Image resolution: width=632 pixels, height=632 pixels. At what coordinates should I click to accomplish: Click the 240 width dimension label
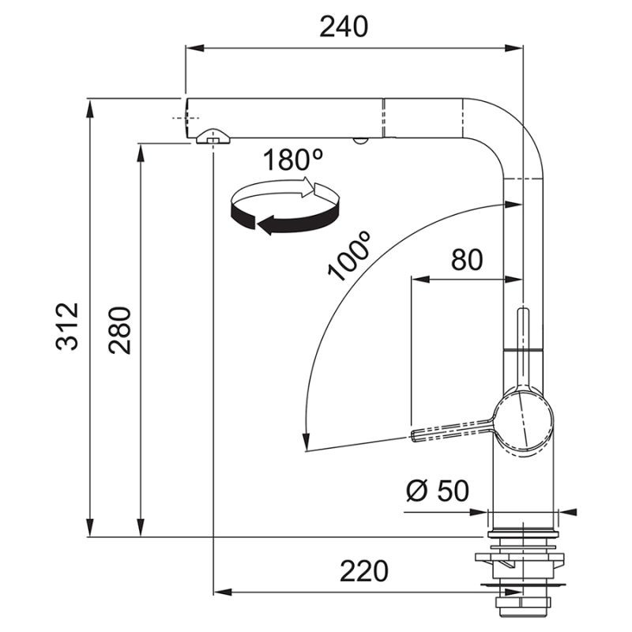click(344, 27)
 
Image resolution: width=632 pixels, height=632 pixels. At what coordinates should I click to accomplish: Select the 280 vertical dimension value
click(120, 330)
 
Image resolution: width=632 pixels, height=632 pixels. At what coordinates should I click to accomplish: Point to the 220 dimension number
click(364, 570)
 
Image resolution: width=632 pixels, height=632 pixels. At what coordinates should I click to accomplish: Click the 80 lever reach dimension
click(467, 259)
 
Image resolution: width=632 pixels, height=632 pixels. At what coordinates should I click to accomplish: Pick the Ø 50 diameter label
click(438, 491)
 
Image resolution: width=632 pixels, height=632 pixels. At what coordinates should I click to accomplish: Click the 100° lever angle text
click(348, 257)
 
